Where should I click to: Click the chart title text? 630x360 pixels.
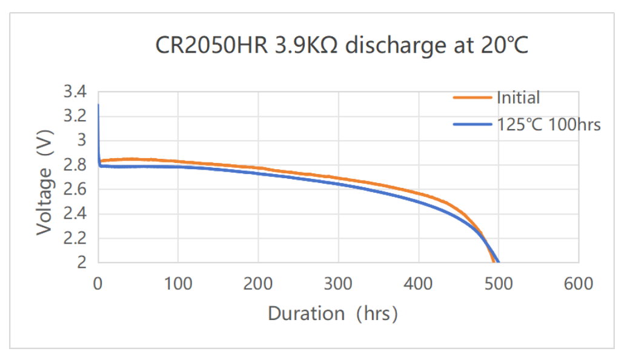tap(342, 45)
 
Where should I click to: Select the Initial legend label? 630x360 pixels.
tap(518, 98)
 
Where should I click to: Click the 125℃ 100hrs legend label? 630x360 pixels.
tap(549, 125)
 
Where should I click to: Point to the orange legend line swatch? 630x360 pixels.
tap(472, 98)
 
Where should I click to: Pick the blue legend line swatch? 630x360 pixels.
tap(472, 125)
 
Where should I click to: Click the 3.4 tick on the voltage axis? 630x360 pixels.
tap(75, 92)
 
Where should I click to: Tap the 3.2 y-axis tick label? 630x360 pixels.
tap(75, 116)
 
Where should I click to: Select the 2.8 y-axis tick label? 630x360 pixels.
tap(75, 165)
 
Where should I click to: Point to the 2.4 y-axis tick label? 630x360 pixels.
tap(75, 213)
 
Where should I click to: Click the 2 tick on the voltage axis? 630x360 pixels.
tap(82, 262)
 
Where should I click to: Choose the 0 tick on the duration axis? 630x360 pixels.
tap(98, 284)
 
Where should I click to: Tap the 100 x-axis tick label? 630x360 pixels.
tap(178, 284)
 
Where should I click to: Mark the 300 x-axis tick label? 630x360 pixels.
tap(338, 284)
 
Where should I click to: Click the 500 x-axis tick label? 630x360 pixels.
tap(499, 284)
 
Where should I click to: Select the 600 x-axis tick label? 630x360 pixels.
tap(579, 284)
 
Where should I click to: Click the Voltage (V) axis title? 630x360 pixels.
tap(45, 182)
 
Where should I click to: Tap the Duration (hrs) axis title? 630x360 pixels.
tap(333, 313)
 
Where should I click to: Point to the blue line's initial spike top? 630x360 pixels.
tap(98, 104)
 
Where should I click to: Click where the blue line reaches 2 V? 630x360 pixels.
tap(499, 262)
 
